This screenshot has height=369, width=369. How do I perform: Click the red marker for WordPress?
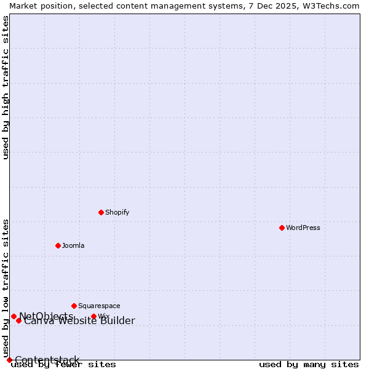coord(282,228)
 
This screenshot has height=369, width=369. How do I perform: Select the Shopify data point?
coord(101,212)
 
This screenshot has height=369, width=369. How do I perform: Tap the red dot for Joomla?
coord(58,245)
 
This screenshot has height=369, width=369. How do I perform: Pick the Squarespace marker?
coord(74,306)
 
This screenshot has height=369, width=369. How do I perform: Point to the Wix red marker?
coord(93,317)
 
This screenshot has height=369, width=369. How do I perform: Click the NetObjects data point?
coord(14,316)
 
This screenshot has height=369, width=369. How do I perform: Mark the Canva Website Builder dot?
coord(18,320)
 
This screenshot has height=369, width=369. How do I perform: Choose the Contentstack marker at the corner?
coord(9,360)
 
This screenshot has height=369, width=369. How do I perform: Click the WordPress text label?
coord(303,228)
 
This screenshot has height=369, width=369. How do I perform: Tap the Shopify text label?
coord(117,212)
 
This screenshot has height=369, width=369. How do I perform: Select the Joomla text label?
coord(73,245)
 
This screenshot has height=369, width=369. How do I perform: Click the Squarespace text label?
coord(99,306)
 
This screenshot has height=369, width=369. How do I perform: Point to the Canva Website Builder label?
coord(79,321)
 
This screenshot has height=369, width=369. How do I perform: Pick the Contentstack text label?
coord(47,360)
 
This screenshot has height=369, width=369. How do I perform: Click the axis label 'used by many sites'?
coord(309,365)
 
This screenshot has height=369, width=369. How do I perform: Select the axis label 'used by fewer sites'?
coord(63,365)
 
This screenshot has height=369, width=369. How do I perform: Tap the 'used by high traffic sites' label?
coord(6,87)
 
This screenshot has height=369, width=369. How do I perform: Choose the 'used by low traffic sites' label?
coord(6,288)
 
